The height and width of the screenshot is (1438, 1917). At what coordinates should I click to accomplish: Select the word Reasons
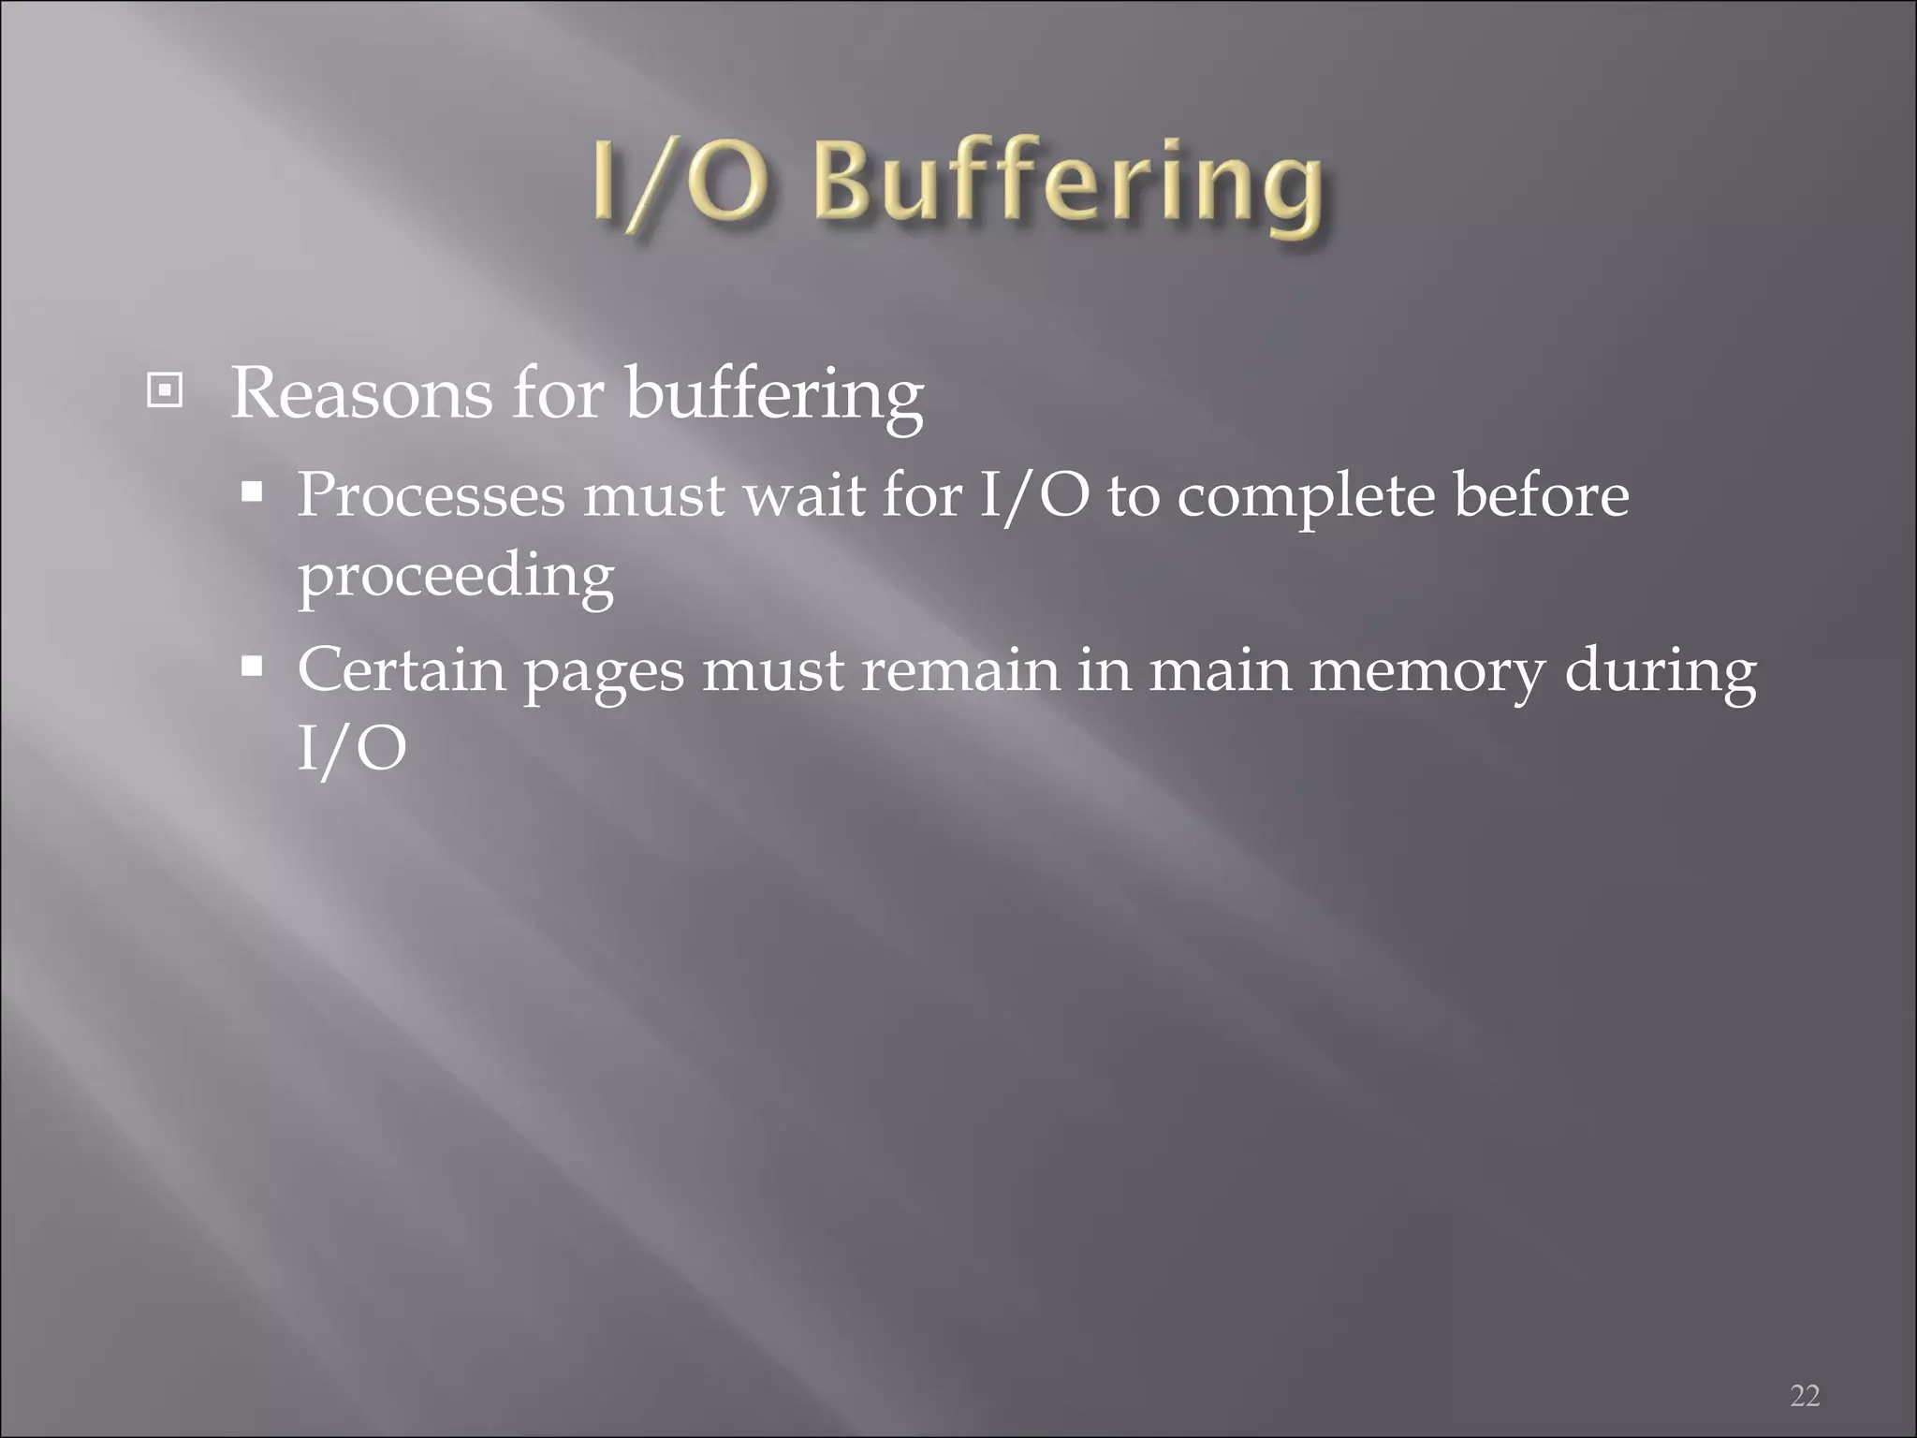pos(360,393)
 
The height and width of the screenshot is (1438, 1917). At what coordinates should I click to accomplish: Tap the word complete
pos(1306,496)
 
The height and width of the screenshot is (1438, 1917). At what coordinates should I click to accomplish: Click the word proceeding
pos(456,576)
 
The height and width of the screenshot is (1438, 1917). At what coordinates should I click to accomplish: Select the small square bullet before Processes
pos(252,492)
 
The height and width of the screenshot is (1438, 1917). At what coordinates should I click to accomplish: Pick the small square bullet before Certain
pos(252,667)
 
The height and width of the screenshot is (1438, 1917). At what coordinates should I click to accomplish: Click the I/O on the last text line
pos(352,749)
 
